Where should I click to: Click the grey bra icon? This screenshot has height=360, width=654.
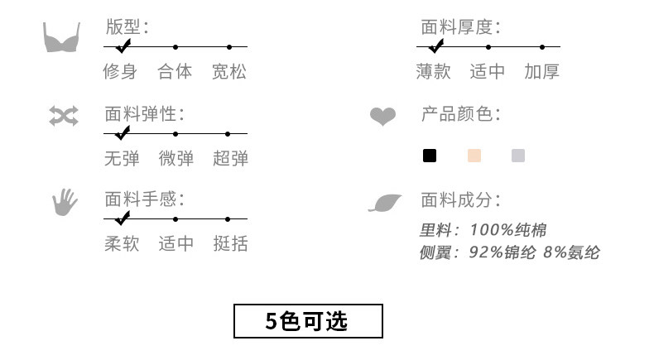point(62,37)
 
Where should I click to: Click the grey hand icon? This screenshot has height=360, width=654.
point(64,201)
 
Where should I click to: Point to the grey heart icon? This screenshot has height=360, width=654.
point(382,117)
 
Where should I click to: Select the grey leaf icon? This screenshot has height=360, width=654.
point(384,202)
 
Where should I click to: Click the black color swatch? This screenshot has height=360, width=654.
point(430,156)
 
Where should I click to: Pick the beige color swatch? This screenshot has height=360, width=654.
point(474,156)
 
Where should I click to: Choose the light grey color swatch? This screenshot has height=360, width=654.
point(518,156)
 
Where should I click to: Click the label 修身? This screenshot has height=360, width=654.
point(121,72)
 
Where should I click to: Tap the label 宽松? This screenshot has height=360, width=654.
point(229,72)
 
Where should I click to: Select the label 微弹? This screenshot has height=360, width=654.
point(176,158)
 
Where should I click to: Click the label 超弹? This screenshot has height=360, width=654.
point(230,158)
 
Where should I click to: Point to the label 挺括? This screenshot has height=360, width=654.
point(230,244)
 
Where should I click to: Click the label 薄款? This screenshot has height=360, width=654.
point(434,72)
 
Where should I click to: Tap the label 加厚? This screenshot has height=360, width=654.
point(542,72)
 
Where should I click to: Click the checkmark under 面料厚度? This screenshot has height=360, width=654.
point(436,46)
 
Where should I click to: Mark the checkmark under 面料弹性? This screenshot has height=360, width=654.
point(123,132)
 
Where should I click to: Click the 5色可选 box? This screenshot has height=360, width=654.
point(308,321)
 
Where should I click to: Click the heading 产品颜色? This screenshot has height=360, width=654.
point(460,113)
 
